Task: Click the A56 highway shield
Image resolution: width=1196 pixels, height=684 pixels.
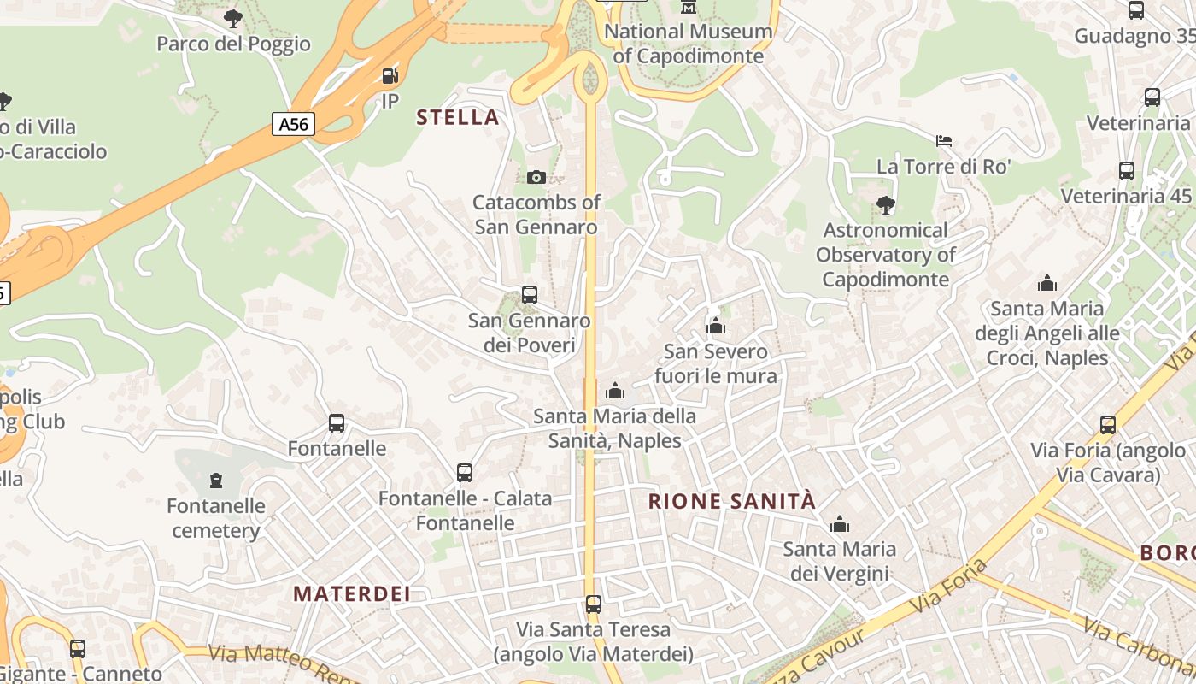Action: [293, 124]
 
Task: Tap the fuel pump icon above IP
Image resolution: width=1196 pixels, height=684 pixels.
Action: [390, 76]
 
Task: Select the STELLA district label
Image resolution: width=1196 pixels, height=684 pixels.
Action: [457, 117]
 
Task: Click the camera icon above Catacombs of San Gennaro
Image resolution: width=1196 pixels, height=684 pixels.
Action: [536, 177]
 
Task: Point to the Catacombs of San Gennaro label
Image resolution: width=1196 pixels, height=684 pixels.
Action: [536, 215]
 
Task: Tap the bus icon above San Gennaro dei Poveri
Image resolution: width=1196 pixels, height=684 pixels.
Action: [530, 295]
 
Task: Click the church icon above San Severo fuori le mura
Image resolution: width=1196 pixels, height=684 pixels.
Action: [716, 326]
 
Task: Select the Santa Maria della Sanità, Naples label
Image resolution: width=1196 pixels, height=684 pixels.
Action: [614, 428]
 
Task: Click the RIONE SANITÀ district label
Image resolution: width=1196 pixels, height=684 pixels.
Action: [732, 501]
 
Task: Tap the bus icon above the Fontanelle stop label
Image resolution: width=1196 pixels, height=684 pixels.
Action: [337, 422]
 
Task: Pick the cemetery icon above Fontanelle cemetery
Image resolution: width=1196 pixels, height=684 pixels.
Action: [215, 481]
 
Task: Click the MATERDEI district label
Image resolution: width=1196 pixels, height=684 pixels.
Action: [352, 593]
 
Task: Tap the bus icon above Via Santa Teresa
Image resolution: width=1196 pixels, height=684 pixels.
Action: [594, 604]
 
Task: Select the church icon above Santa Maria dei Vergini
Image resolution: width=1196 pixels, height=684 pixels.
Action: [840, 523]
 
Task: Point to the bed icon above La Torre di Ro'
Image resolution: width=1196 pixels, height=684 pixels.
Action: [944, 141]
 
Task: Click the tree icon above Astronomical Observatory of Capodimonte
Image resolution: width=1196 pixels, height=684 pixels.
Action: [885, 204]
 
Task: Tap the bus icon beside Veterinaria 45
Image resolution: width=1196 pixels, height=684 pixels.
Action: [1127, 171]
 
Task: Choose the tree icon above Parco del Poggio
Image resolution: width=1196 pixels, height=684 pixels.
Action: [232, 18]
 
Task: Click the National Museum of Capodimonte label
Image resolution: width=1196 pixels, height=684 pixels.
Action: [689, 44]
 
